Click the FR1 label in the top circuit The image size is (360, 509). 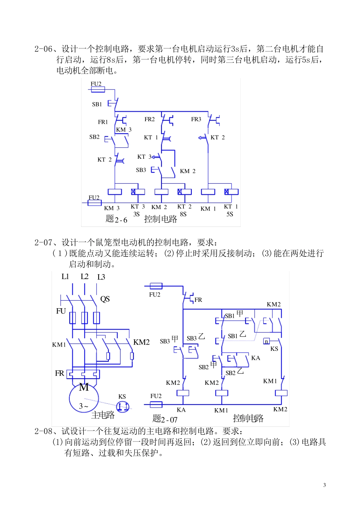coord(103,122)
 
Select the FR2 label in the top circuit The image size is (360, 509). coord(150,119)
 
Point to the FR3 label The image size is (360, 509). coord(196,119)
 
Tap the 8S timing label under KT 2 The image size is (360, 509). coord(183,214)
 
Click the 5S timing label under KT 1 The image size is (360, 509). coord(230,214)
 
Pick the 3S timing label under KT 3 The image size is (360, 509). coord(136,214)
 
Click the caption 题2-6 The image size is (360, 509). coord(116,219)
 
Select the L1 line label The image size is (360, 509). coord(65,277)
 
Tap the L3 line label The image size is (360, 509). coord(101,277)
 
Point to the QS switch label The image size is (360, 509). coord(105,299)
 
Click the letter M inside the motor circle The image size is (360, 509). coord(84,387)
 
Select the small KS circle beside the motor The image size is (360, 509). coord(122,407)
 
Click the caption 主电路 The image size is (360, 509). coord(103,415)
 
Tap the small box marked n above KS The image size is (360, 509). coord(266,341)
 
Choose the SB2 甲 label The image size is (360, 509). coord(208,366)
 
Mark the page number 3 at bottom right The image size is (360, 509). coord(324,485)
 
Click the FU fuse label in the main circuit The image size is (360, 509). coord(61,311)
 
